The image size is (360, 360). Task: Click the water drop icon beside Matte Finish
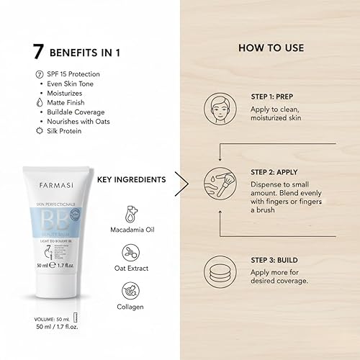[38, 103]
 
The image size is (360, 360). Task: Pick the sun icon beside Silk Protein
[38, 131]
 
